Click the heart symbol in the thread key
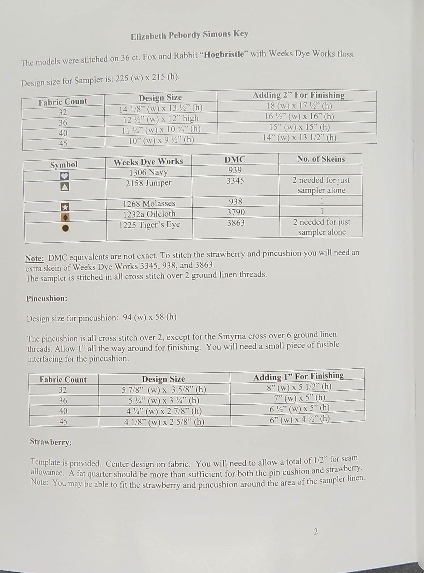coord(65,176)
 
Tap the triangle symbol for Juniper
coord(65,187)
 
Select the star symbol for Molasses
coord(65,207)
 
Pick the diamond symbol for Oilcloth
coord(65,218)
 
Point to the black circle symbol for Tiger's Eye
coord(65,228)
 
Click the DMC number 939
coord(235,170)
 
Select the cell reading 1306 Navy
coord(148,172)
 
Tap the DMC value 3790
coord(236,212)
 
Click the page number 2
coord(316,532)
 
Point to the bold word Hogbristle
coord(224,55)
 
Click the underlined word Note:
coord(35,258)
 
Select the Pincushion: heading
coord(47,299)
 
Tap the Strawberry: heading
coord(51,442)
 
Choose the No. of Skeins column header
coord(321,159)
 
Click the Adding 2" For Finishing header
coord(298,95)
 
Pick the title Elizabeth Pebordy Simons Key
coord(190,35)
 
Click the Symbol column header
coord(64,165)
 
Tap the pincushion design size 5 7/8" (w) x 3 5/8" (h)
coord(164,390)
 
